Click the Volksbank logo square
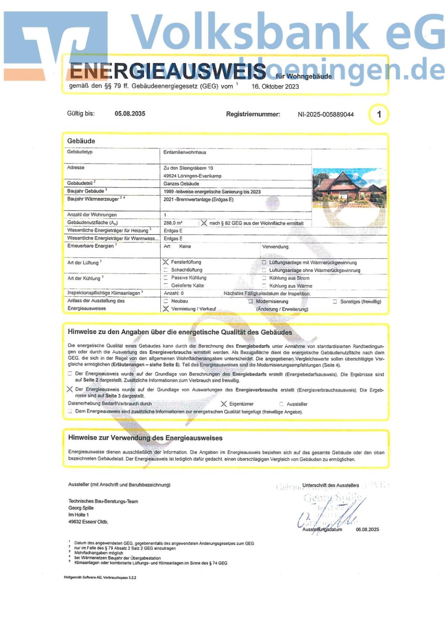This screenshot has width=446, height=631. point(56,44)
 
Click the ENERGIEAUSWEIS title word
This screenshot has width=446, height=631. point(167,71)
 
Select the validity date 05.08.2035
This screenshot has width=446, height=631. point(130,114)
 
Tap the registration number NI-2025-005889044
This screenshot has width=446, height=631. point(325,115)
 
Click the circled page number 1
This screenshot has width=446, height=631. point(378,115)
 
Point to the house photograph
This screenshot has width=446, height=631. point(349,188)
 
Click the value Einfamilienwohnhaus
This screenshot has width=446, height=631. point(185,152)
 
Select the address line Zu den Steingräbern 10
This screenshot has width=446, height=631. point(188,168)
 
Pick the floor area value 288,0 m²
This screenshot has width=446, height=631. point(173,223)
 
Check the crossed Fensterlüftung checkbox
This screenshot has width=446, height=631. point(166,262)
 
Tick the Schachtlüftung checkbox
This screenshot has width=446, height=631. point(166,270)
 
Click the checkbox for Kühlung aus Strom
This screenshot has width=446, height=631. point(264,278)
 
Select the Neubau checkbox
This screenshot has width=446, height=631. point(166,301)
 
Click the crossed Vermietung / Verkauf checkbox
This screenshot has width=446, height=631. point(166,309)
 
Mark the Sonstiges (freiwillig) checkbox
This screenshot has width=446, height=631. point(334,301)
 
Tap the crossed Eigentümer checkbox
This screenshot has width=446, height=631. point(224,404)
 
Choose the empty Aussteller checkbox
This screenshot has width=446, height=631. point(281,404)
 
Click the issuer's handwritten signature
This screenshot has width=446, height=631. point(331,514)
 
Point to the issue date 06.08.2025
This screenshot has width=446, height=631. point(367,530)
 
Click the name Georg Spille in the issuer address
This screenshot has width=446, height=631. point(81,508)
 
